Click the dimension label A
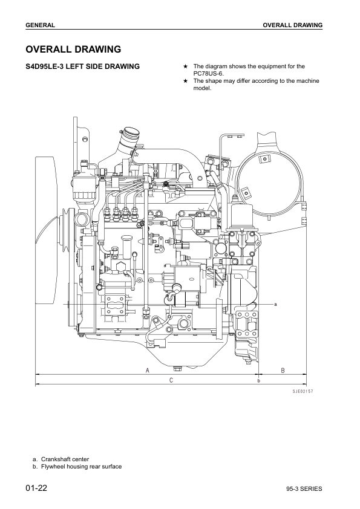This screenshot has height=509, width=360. click(x=148, y=370)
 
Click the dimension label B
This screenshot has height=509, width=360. click(x=282, y=370)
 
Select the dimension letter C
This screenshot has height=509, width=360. click(x=171, y=380)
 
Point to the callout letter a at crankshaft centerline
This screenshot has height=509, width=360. click(x=275, y=303)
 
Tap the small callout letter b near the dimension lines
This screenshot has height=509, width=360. click(x=258, y=381)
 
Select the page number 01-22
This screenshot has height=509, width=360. click(x=36, y=488)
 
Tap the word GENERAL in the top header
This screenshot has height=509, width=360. click(x=41, y=25)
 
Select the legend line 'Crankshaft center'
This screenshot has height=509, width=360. click(x=65, y=459)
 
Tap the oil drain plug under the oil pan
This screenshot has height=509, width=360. click(x=177, y=367)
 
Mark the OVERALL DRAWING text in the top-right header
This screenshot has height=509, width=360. click(x=292, y=25)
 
